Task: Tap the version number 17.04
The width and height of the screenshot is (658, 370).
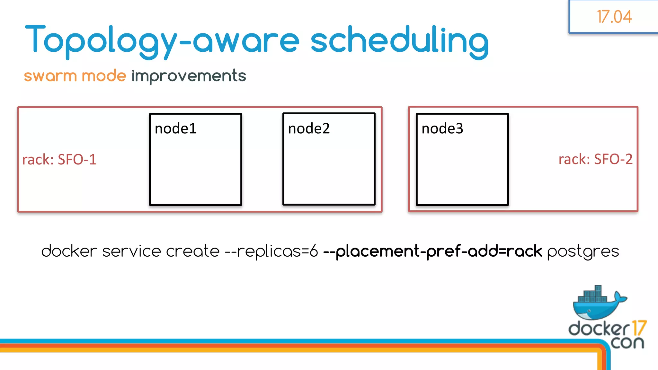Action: (x=614, y=17)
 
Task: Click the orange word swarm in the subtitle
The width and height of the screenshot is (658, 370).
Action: (x=50, y=76)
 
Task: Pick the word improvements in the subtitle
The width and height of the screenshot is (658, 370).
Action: (x=189, y=76)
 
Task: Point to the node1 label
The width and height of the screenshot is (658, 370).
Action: (x=175, y=128)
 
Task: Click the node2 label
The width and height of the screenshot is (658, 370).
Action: (x=309, y=128)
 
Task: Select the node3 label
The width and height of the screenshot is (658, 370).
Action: (x=442, y=128)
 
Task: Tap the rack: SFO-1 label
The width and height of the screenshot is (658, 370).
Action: (x=59, y=159)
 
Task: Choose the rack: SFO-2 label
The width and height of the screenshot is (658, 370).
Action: (x=595, y=159)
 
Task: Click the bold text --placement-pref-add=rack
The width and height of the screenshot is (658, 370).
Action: (x=432, y=251)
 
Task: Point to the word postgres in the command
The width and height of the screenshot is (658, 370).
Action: (x=583, y=251)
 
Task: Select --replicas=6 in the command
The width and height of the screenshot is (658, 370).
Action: (x=271, y=251)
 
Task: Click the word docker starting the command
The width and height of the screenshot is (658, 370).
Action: (x=69, y=251)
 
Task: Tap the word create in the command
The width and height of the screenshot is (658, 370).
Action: (x=193, y=251)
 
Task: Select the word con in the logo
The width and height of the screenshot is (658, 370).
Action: (x=627, y=343)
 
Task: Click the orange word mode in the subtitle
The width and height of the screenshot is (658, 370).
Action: (x=104, y=76)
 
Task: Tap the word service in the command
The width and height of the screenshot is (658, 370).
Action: (x=131, y=251)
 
